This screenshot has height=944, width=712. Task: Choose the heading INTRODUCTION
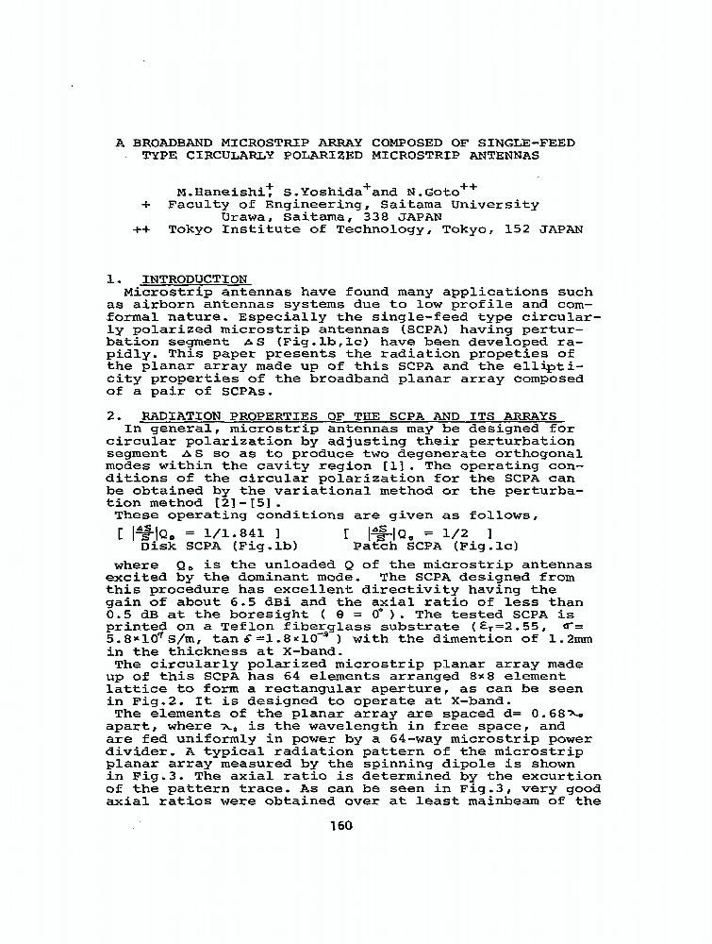(x=194, y=279)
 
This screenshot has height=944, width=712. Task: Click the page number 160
(x=340, y=825)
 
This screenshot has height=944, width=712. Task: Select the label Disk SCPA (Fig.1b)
(x=220, y=546)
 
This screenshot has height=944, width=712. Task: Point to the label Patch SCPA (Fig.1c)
(x=436, y=546)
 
